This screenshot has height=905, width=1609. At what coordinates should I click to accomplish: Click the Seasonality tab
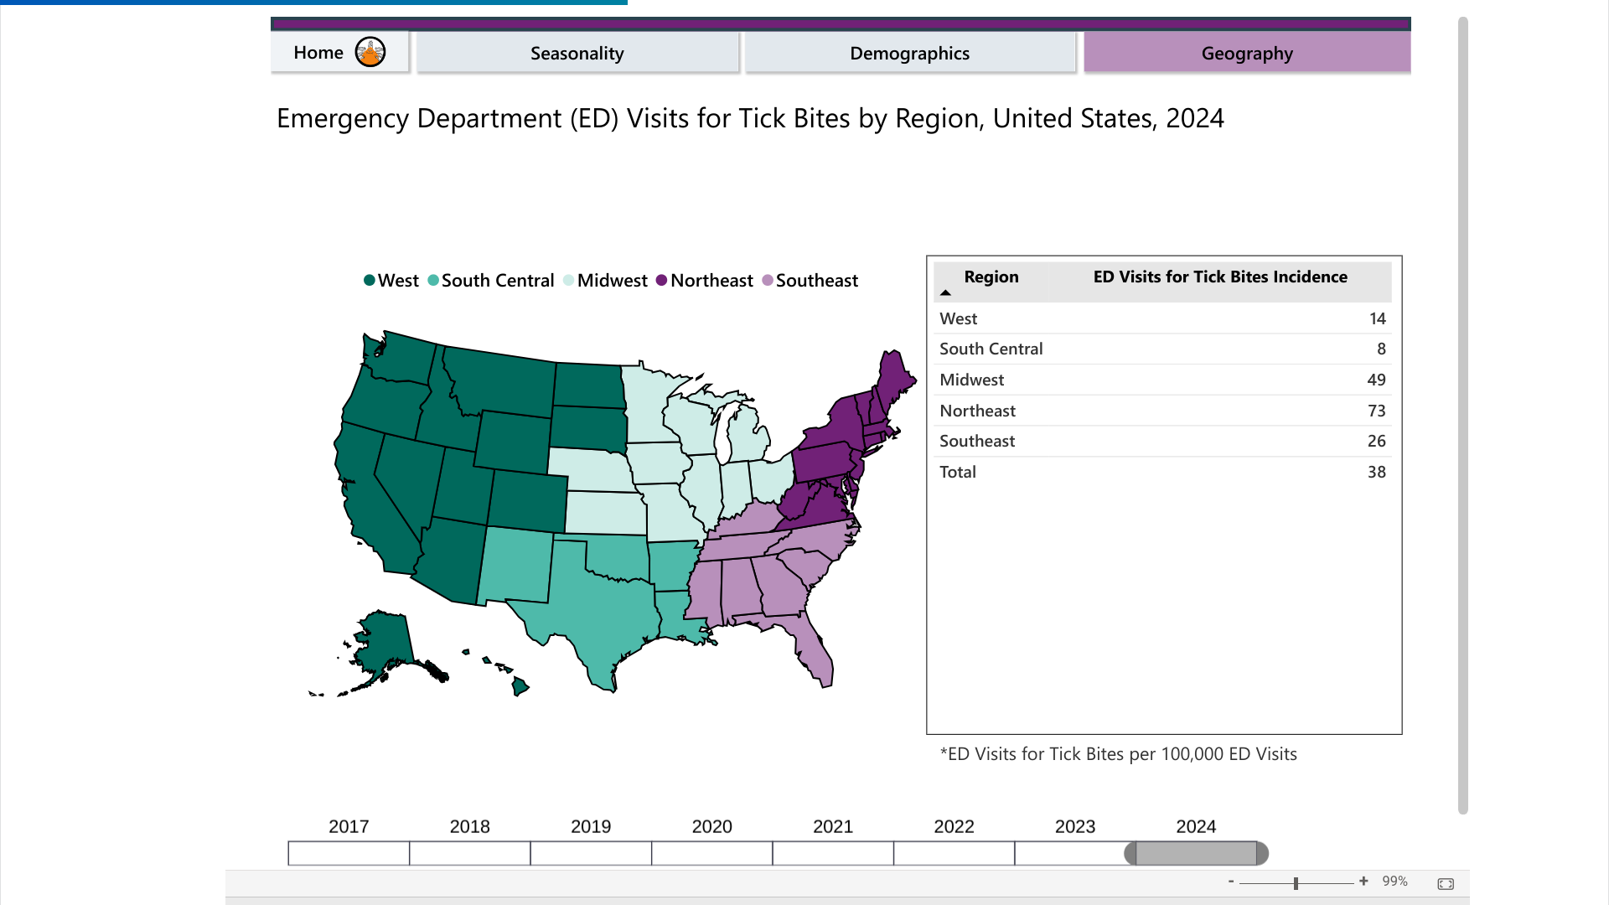[577, 54]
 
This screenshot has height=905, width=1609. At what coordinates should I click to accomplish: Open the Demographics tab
[909, 54]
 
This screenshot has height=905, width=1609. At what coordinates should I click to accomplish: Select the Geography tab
[1246, 54]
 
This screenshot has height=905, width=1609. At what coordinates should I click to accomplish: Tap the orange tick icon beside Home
[370, 53]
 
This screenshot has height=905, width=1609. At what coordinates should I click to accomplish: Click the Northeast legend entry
[711, 281]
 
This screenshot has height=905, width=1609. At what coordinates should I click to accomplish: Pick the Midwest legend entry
[612, 281]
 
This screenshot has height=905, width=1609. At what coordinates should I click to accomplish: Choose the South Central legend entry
[497, 281]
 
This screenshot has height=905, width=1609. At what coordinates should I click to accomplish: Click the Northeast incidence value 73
[1376, 411]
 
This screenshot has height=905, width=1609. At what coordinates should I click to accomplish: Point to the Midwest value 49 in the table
[1376, 380]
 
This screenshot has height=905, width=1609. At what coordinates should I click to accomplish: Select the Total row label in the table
[958, 472]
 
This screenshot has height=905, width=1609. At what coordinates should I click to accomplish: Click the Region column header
[991, 277]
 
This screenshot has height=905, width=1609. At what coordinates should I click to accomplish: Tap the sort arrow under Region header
[945, 293]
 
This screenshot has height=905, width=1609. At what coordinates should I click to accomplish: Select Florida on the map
[816, 658]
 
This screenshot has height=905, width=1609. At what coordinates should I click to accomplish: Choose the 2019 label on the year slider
[591, 826]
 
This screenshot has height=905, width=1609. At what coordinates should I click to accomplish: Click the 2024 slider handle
[1196, 853]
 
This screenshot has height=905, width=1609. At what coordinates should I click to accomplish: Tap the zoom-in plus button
[1363, 882]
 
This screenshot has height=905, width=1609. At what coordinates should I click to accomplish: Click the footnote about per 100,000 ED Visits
[1118, 754]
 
